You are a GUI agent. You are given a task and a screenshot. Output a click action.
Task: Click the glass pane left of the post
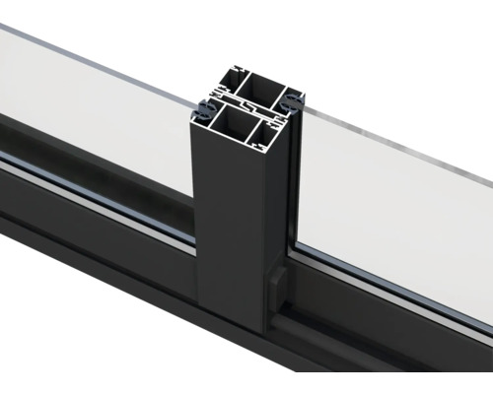click(99, 108)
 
